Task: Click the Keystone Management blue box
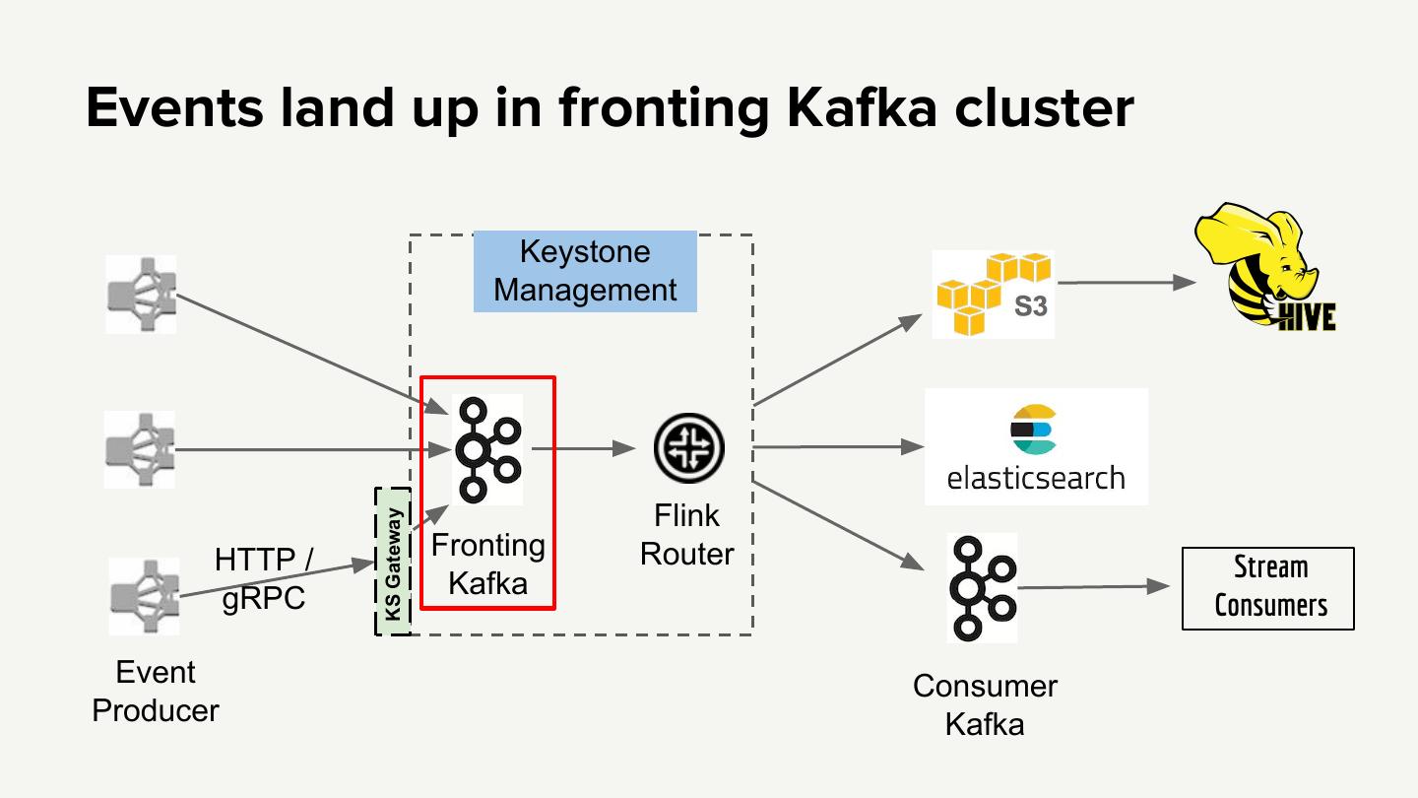coord(585,271)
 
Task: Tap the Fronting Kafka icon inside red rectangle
coord(487,449)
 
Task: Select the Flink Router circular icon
coord(688,449)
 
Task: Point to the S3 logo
coord(993,294)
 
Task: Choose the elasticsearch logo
coord(1036,446)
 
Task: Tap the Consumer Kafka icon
coord(982,587)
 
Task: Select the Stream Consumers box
coord(1268,588)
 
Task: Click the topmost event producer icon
coord(142,294)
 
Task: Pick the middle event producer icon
coord(141,450)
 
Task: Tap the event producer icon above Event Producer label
coord(144,596)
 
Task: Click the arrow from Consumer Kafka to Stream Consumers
coord(1098,588)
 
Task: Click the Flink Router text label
coord(687,535)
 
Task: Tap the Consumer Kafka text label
coord(985,704)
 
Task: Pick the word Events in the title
coord(175,108)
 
